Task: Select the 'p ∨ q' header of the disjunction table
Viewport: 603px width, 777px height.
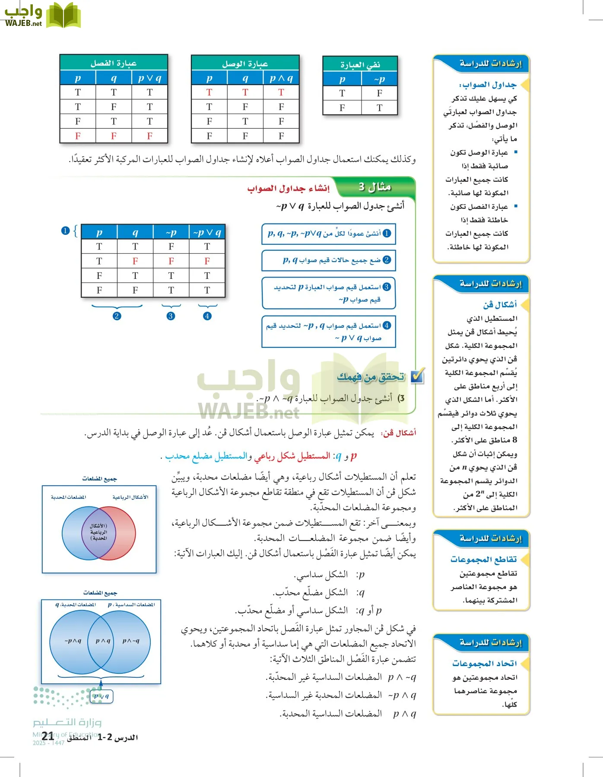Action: click(x=149, y=78)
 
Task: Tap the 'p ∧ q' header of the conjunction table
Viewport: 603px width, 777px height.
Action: click(x=281, y=78)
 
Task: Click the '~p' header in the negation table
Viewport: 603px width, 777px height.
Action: click(x=379, y=79)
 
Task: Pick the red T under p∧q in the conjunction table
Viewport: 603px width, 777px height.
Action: click(x=281, y=92)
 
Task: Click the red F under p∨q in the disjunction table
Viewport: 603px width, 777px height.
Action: click(x=149, y=136)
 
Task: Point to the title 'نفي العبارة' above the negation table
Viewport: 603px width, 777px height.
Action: click(x=360, y=65)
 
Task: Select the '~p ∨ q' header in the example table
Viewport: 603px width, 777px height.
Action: click(x=207, y=232)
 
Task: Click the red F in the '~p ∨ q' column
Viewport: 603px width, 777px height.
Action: click(x=207, y=261)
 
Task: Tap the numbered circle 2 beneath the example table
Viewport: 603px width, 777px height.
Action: click(x=117, y=316)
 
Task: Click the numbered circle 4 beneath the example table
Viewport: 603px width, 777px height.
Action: click(x=207, y=316)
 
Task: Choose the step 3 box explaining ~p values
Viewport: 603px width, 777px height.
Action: click(x=329, y=293)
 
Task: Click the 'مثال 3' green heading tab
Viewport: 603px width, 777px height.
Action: click(x=374, y=187)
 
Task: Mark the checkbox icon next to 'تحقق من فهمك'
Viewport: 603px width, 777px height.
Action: click(x=417, y=376)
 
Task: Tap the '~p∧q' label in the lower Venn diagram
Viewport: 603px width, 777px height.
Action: click(x=73, y=641)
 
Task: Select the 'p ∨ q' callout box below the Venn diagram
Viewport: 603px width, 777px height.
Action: click(x=102, y=696)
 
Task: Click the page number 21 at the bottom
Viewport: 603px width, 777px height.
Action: click(x=48, y=736)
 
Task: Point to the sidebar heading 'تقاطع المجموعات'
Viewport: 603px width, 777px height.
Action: click(x=483, y=559)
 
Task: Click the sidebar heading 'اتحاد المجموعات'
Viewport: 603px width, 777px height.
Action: click(x=484, y=663)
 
